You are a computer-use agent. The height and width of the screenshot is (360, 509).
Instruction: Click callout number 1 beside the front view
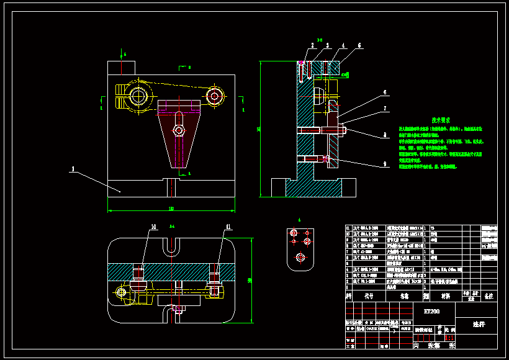(73, 168)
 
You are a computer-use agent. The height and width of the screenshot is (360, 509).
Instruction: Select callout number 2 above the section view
(314, 46)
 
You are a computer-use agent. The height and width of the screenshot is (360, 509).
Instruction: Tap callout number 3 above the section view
(327, 46)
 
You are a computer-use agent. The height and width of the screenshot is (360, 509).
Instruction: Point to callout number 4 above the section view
(343, 46)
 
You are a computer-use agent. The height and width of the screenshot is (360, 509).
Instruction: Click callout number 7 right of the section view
(385, 108)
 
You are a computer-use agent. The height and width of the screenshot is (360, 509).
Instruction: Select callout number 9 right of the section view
(385, 164)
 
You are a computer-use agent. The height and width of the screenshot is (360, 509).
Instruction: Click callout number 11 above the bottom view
(228, 227)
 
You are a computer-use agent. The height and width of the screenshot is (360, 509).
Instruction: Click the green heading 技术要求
(441, 120)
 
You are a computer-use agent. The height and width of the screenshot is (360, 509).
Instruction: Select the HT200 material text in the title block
(431, 310)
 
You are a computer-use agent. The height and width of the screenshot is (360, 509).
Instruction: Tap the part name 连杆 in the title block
(477, 324)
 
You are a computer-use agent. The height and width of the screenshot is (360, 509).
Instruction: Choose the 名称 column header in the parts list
(405, 297)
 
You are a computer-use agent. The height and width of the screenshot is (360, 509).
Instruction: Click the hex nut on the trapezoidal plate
(179, 130)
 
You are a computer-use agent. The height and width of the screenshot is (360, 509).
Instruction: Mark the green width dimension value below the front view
(171, 208)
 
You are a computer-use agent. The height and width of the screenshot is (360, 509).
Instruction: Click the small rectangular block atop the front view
(121, 67)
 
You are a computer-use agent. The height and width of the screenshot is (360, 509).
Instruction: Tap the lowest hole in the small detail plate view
(300, 257)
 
